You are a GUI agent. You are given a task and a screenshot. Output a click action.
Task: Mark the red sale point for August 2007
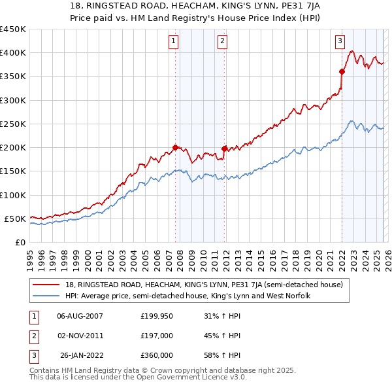coord(175,147)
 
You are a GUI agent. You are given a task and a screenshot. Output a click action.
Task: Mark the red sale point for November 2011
coord(224,149)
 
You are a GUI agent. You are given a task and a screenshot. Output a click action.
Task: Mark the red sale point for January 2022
coord(342,71)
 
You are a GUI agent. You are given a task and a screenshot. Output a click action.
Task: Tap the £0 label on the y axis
coord(20,242)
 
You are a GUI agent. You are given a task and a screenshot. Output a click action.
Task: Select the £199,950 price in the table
coord(157,316)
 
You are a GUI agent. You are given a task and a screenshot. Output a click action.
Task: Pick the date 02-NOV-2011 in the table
coord(80,336)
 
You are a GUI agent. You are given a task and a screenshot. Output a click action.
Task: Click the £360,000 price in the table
coord(157,355)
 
